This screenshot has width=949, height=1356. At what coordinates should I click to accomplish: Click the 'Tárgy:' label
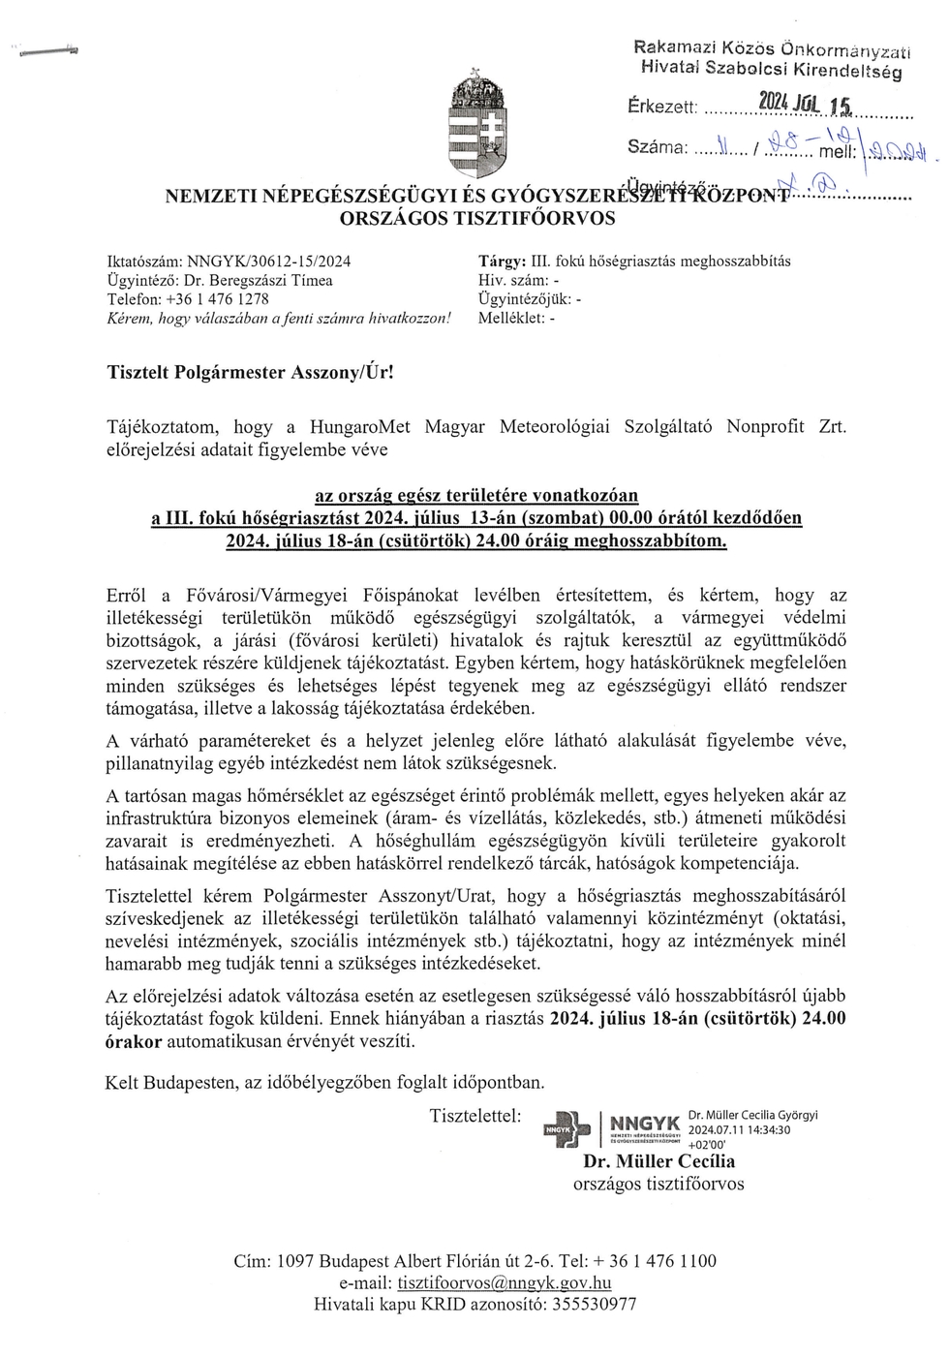click(x=502, y=262)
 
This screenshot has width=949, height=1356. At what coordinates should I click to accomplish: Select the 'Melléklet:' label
click(x=511, y=318)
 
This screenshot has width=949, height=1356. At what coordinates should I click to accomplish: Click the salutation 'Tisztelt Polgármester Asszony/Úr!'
click(x=251, y=371)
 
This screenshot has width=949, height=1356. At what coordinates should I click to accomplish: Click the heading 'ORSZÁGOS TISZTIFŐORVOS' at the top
click(x=477, y=218)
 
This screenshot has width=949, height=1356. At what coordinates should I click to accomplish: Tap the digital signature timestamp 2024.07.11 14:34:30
click(x=738, y=1129)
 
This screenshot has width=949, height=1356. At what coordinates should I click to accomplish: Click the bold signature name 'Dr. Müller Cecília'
click(x=658, y=1162)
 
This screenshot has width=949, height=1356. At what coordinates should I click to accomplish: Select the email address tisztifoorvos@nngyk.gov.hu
click(x=504, y=1283)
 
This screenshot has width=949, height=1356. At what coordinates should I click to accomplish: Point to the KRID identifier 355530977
click(x=594, y=1304)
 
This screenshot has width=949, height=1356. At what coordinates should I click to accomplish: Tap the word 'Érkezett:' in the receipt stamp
click(x=661, y=107)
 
